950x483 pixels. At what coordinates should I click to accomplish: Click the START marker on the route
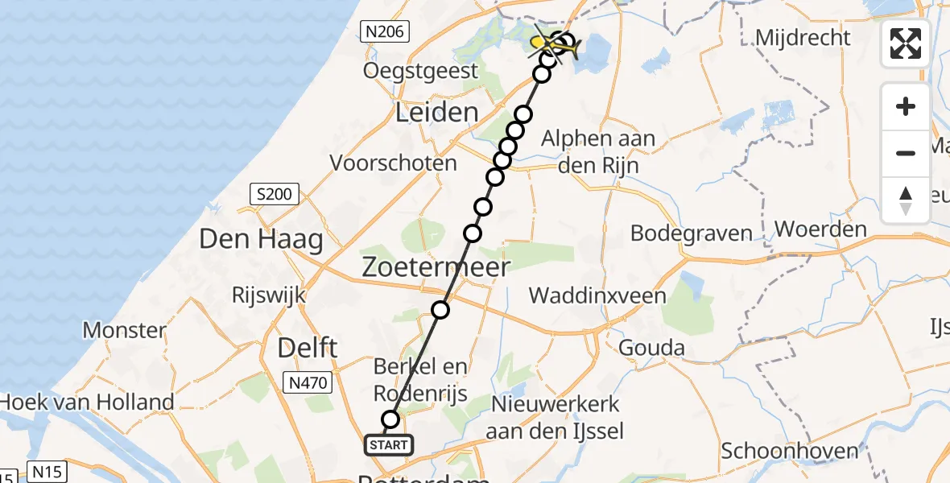coord(390,444)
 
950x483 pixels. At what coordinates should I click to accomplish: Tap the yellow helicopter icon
coord(555,45)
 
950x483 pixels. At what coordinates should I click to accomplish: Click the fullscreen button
coord(906,43)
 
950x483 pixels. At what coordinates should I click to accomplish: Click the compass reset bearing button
coord(906,200)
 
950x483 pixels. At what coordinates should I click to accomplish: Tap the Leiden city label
coord(437,112)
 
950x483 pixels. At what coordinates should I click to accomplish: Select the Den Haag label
coord(261,239)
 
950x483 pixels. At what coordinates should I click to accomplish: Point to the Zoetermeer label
coord(436,266)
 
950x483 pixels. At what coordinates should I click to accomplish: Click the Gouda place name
coord(652,348)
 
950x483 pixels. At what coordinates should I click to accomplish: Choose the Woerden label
coord(821,229)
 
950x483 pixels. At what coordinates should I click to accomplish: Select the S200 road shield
coord(275,194)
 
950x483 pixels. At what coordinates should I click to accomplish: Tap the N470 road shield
coord(308,383)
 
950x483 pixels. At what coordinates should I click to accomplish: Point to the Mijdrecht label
coord(803,38)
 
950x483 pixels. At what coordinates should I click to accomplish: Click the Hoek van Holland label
coord(87,402)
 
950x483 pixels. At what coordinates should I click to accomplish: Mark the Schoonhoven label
coord(790,451)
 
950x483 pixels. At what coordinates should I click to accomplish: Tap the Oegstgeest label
coord(421,71)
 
